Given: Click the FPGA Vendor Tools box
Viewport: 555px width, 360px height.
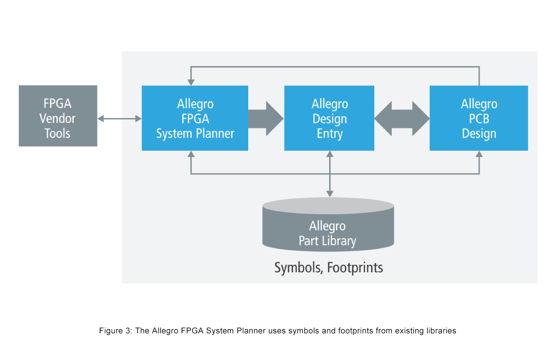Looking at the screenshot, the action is [x=58, y=116].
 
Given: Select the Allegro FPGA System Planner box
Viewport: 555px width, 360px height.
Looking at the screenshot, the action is [x=195, y=118].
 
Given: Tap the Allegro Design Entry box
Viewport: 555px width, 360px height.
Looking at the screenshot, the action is [x=329, y=118].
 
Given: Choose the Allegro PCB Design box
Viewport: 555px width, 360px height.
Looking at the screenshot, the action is [x=479, y=118].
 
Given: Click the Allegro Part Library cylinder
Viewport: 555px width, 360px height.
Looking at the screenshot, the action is [x=328, y=224].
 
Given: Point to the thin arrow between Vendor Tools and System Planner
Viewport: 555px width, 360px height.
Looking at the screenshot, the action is [x=119, y=119].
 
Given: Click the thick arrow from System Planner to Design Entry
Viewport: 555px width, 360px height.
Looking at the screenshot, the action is [x=266, y=119].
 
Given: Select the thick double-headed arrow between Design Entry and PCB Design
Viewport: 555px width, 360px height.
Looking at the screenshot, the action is [x=402, y=119].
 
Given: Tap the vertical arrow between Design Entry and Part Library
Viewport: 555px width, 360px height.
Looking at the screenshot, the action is [x=330, y=174].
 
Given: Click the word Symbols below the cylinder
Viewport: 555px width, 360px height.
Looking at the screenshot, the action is [x=298, y=268].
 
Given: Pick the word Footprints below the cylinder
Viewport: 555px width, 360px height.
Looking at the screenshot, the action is [x=355, y=268].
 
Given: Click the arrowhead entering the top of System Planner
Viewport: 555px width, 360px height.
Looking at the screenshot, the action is [x=191, y=82].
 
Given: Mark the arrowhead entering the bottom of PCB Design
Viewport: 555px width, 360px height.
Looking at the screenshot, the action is [x=479, y=154].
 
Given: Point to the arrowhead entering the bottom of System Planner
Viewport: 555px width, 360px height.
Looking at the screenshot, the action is [x=191, y=154].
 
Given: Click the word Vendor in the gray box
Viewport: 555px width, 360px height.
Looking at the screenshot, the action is [x=58, y=119].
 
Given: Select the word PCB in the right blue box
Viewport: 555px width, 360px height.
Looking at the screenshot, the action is [x=479, y=119].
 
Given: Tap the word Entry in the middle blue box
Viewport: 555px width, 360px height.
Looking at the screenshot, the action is [x=330, y=134].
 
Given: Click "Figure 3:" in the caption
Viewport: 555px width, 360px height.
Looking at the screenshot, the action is [x=115, y=331].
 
